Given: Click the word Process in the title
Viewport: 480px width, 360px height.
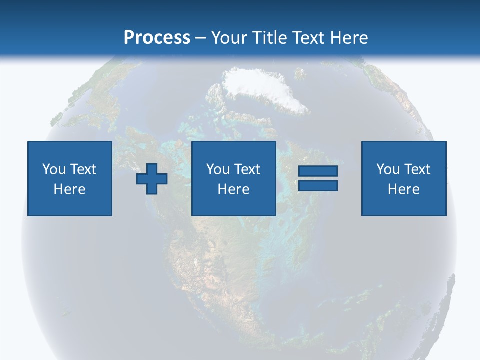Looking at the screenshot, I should [157, 38].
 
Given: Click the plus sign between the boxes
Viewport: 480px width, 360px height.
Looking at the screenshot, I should [152, 179].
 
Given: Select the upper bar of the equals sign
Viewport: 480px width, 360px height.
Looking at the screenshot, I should [318, 171].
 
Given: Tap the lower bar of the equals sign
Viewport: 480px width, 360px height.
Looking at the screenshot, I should [318, 186].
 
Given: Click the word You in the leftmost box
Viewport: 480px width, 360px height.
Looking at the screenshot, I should [54, 169].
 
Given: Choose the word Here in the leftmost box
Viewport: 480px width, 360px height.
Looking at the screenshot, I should [69, 189].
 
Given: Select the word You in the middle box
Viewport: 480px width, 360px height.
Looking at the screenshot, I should [218, 169].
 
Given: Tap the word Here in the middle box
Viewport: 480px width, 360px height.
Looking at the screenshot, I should [233, 189].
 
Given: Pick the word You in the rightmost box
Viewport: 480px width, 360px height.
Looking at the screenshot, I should [388, 169].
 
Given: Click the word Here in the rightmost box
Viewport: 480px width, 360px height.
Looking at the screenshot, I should [403, 189].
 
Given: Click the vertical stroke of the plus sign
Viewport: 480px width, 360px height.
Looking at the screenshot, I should [152, 168].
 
